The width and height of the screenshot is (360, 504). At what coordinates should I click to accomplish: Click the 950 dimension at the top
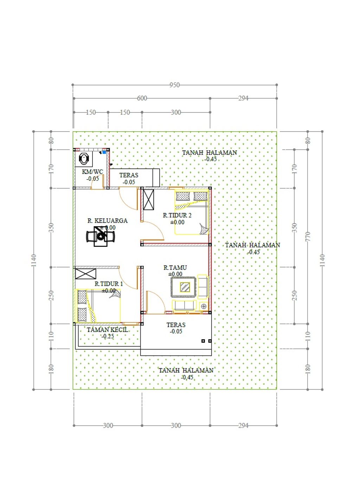pyautogui.click(x=174, y=85)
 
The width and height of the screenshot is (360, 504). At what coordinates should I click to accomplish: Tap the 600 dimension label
pyautogui.click(x=142, y=98)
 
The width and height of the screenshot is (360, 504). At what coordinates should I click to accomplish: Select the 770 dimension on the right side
pyautogui.click(x=308, y=236)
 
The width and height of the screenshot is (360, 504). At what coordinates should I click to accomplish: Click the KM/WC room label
pyautogui.click(x=92, y=172)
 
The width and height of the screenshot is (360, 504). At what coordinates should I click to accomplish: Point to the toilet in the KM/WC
pyautogui.click(x=84, y=158)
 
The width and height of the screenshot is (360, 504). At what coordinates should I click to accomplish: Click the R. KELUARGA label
pyautogui.click(x=108, y=221)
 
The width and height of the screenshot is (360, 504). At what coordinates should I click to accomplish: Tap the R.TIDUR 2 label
pyautogui.click(x=177, y=215)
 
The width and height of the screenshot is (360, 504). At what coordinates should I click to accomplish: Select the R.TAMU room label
pyautogui.click(x=175, y=268)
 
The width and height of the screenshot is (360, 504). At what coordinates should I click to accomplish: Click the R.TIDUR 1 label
pyautogui.click(x=109, y=284)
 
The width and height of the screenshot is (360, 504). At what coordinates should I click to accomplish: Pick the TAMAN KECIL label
pyautogui.click(x=108, y=330)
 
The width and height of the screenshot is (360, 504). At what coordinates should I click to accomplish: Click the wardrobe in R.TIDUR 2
pyautogui.click(x=148, y=199)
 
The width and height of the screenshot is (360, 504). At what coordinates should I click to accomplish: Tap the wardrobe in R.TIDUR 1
pyautogui.click(x=85, y=274)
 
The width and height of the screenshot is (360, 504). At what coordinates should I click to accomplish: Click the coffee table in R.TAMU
pyautogui.click(x=185, y=287)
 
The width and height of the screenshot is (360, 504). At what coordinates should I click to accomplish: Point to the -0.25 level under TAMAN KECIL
pyautogui.click(x=108, y=336)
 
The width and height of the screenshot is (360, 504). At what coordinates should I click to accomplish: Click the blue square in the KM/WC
pyautogui.click(x=104, y=152)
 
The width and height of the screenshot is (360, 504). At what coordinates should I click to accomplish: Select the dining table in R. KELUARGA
pyautogui.click(x=101, y=236)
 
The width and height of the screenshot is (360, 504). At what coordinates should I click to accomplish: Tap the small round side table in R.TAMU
pyautogui.click(x=204, y=306)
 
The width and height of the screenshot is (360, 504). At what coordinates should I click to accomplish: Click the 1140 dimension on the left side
pyautogui.click(x=33, y=261)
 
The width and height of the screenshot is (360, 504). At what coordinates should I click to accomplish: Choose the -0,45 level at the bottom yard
pyautogui.click(x=187, y=377)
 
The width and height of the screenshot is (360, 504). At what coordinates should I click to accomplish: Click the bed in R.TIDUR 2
pyautogui.click(x=192, y=212)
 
